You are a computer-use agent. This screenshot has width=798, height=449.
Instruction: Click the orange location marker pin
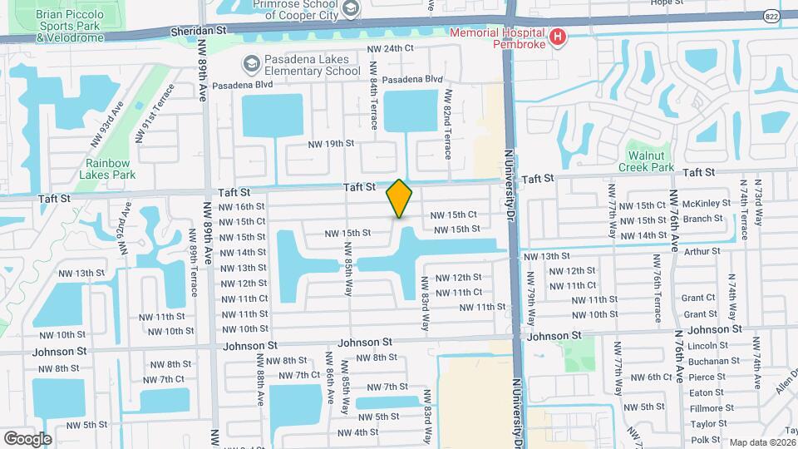[x=400, y=199]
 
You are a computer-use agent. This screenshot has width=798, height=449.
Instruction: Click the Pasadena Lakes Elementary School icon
[x=250, y=64]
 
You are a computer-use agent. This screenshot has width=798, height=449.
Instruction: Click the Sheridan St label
[x=199, y=29]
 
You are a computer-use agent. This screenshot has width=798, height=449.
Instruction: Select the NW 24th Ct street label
[x=391, y=48]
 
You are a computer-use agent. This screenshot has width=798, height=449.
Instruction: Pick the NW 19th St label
[x=331, y=143]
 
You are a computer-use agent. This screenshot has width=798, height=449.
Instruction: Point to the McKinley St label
[x=706, y=204]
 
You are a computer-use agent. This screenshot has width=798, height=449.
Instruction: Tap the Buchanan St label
[x=715, y=361]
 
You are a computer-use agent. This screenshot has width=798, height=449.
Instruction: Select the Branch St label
[x=703, y=220]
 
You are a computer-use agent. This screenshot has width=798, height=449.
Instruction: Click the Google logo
[x=27, y=438]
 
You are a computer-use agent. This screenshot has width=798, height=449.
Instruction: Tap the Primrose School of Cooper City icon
[x=350, y=8]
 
